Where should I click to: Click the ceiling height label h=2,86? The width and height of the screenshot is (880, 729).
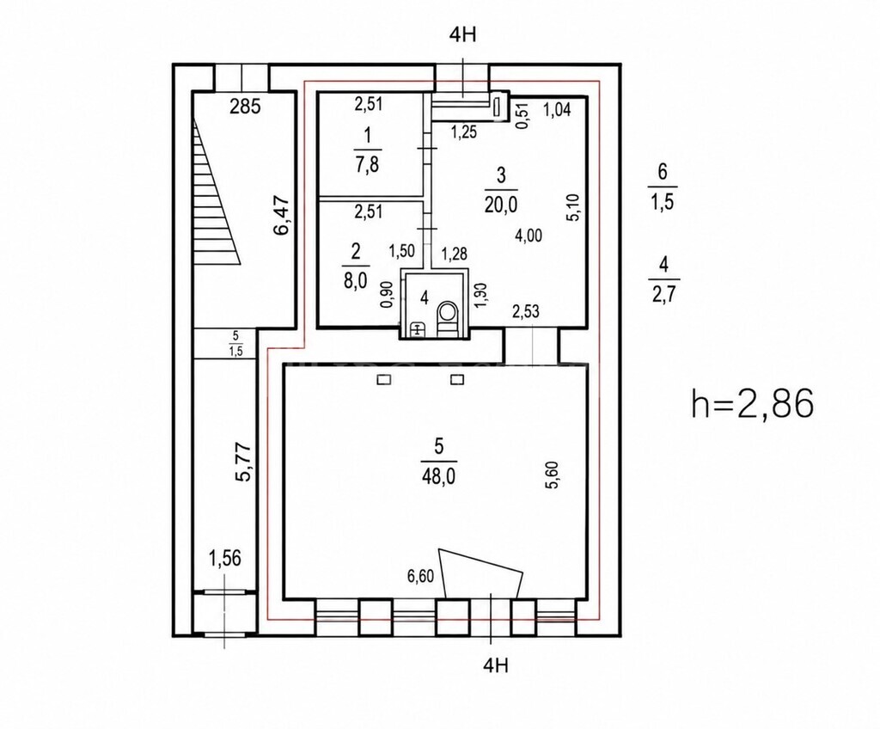(752, 404)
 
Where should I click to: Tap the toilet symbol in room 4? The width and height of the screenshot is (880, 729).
(447, 317)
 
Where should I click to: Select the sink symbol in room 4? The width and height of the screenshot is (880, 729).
(418, 329)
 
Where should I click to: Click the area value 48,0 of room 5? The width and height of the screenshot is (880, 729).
(438, 477)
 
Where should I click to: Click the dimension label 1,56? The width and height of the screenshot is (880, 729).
(224, 558)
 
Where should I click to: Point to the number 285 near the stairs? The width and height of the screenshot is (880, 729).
(246, 106)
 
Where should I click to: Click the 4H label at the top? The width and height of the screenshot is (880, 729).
(462, 35)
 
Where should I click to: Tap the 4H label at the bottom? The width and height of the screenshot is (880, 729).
(496, 665)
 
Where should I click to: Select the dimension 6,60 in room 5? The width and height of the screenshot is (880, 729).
(420, 576)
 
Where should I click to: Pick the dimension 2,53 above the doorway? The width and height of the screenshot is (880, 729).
(526, 310)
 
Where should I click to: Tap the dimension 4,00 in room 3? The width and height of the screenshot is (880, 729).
(529, 236)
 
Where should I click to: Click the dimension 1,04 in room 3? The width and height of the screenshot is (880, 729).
(557, 110)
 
